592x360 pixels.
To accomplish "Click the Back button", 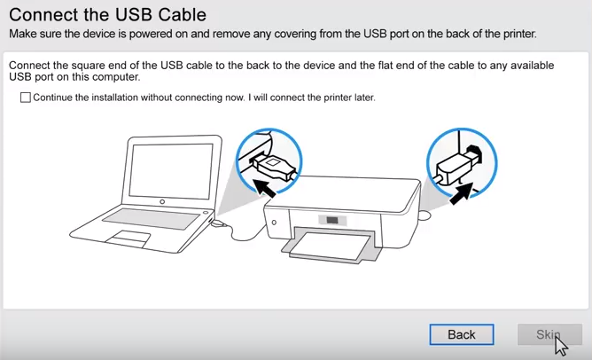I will pyautogui.click(x=461, y=334).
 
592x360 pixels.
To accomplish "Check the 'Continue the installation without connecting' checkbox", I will pyautogui.click(x=25, y=98).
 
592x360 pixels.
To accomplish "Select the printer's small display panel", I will pyautogui.click(x=332, y=220).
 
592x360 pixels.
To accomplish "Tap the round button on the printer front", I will pyautogui.click(x=275, y=222).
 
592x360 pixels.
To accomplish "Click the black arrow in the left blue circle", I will pyautogui.click(x=263, y=185).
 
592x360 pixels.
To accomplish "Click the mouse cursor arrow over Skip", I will pyautogui.click(x=560, y=343).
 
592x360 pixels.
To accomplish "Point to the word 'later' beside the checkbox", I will pyautogui.click(x=362, y=98).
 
